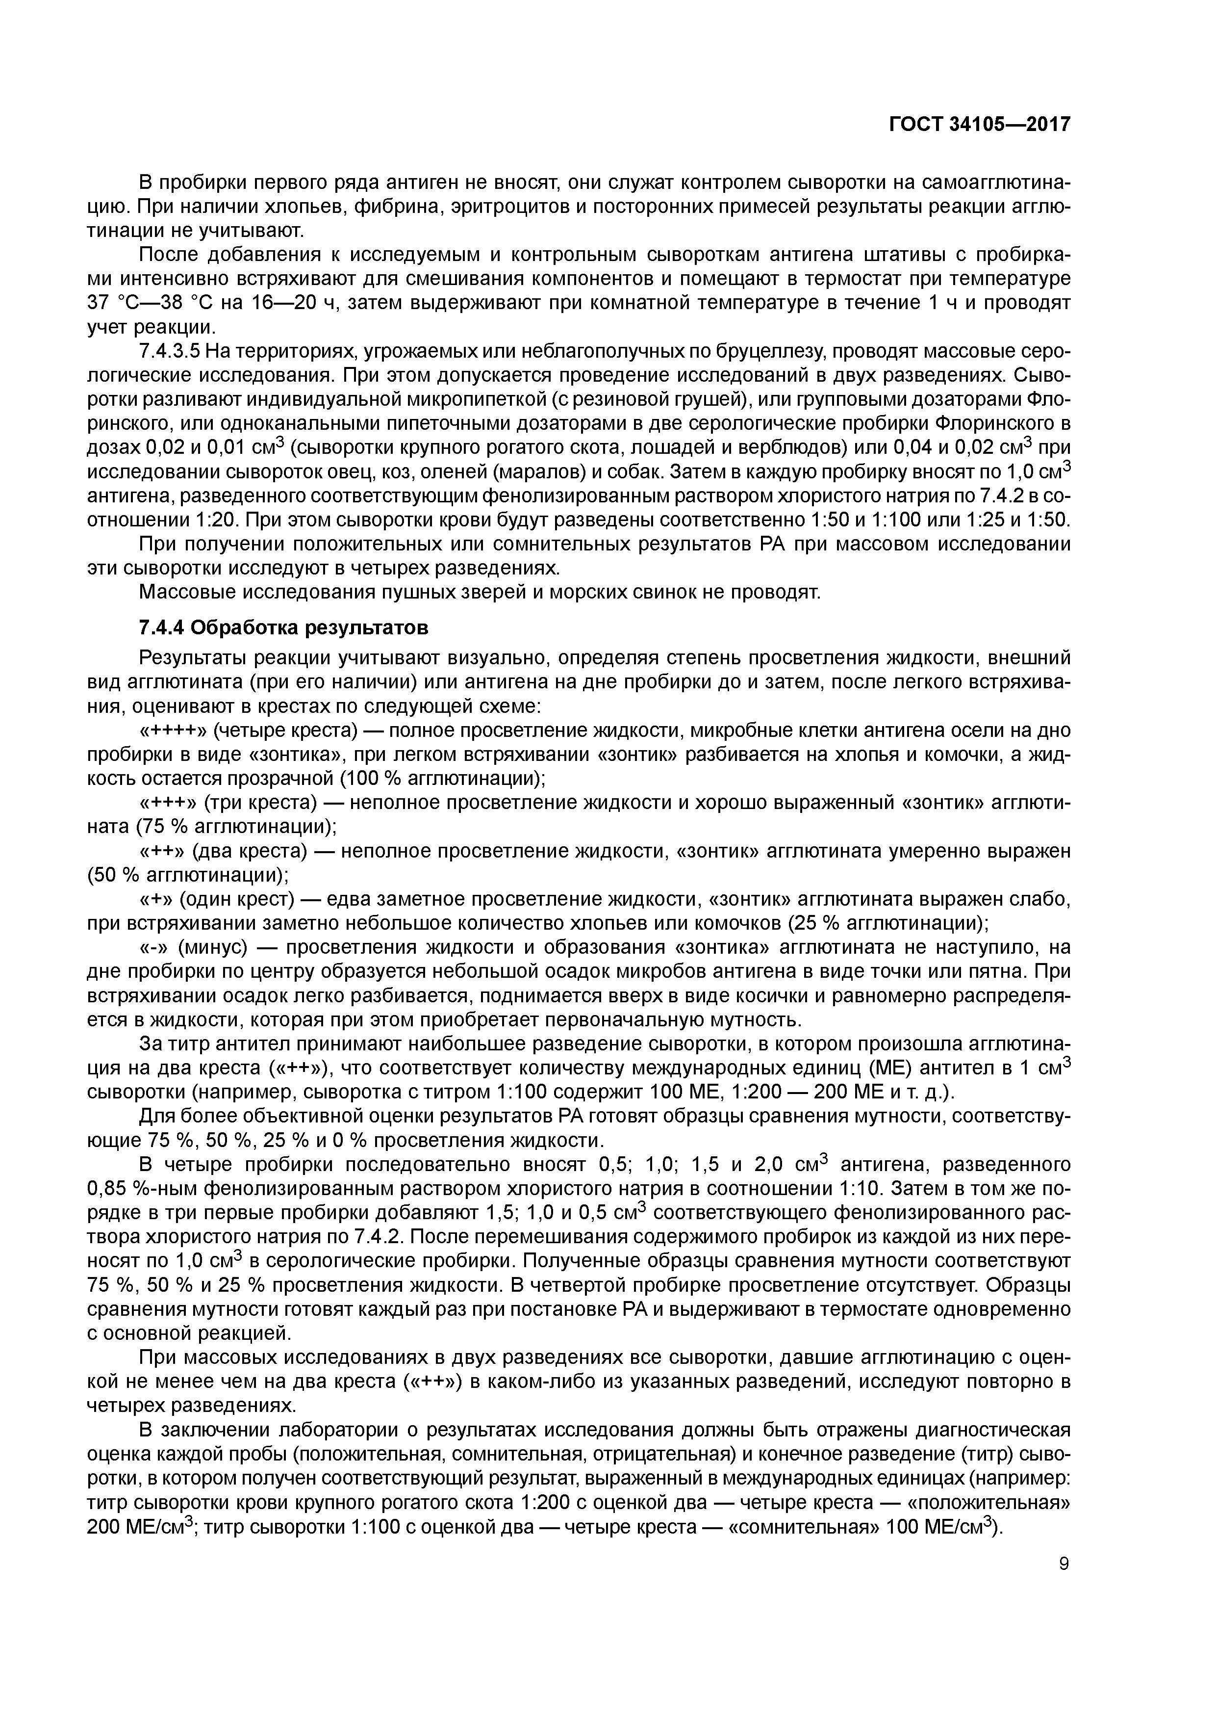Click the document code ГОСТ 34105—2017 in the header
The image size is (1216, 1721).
coord(979,125)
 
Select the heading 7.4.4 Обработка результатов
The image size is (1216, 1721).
coord(283,626)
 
